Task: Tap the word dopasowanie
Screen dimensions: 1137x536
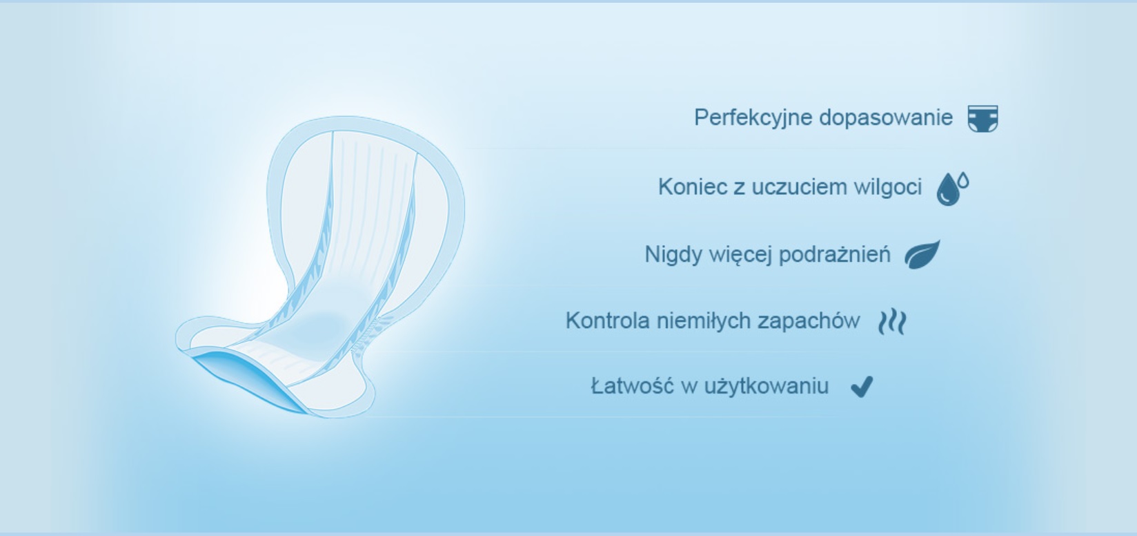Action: (887, 117)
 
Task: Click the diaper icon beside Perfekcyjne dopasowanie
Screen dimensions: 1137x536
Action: (982, 119)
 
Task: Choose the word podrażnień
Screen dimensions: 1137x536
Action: (835, 253)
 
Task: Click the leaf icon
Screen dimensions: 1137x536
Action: (922, 254)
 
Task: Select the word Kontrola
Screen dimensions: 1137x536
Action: (608, 321)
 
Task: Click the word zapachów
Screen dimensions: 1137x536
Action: (809, 321)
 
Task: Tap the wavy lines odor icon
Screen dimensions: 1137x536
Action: (892, 322)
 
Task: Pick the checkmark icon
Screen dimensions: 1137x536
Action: (862, 387)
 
